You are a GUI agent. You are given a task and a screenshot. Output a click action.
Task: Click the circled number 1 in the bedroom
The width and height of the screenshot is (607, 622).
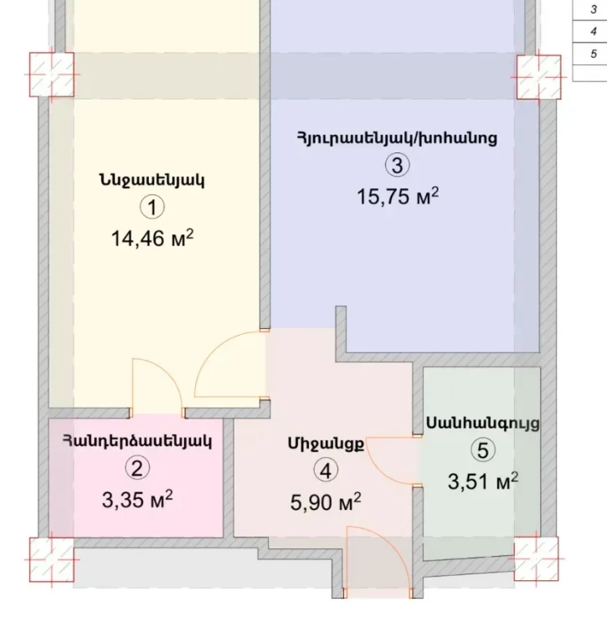(152, 208)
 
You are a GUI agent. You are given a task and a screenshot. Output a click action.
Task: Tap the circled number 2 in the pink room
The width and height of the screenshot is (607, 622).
(137, 468)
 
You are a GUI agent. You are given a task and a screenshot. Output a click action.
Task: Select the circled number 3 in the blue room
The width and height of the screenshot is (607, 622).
(397, 165)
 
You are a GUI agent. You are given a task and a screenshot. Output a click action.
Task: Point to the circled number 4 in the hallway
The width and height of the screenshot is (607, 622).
(326, 470)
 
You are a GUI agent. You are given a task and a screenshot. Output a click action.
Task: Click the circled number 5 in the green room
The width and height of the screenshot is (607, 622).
(483, 450)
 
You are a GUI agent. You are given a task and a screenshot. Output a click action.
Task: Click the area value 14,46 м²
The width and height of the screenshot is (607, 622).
(152, 239)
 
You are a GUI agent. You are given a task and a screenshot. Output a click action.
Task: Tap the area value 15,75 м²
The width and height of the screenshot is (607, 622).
(398, 196)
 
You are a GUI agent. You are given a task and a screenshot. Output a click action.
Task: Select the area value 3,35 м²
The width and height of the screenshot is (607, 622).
(137, 499)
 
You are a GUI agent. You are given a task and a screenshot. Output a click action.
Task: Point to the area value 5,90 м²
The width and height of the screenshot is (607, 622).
(326, 502)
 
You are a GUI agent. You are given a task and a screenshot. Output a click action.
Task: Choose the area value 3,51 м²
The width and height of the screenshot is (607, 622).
(483, 481)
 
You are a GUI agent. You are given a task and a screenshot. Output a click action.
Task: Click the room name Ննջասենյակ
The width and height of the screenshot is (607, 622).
(152, 181)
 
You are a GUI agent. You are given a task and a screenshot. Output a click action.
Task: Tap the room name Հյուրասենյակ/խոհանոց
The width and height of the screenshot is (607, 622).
(397, 138)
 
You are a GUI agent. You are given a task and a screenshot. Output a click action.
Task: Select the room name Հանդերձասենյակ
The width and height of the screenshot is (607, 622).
(137, 440)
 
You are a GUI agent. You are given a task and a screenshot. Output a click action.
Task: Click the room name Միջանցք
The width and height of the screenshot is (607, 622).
(326, 444)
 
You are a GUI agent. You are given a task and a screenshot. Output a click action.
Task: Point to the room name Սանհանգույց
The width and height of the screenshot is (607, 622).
(483, 424)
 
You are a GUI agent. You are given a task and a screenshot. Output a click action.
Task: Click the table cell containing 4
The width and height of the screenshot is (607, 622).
(589, 31)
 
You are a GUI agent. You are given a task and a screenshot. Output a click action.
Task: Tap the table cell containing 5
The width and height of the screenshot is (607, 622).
(589, 53)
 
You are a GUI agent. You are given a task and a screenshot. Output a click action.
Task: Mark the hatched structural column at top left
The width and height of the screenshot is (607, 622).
(52, 75)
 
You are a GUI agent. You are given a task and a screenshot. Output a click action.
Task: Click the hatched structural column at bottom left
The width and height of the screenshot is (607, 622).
(52, 560)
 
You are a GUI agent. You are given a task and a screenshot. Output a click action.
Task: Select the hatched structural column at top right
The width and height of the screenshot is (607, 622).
(538, 77)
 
